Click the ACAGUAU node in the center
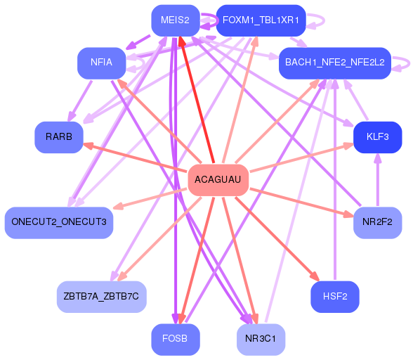point(218,180)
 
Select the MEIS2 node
point(175,20)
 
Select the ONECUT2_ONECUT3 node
point(59,222)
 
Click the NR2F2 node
point(378,222)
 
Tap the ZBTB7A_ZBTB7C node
point(101,296)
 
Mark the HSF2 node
point(335,296)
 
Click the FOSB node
point(175,339)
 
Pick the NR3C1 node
point(261,339)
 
